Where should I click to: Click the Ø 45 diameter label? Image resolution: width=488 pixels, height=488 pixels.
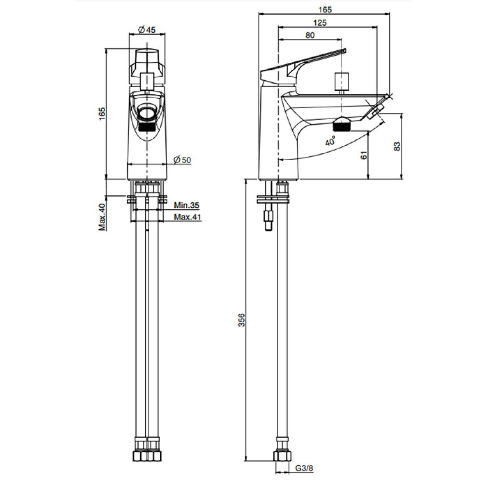[147, 30]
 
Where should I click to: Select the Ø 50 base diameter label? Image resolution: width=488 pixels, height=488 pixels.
[183, 160]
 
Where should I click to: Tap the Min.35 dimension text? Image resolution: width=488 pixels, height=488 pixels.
[187, 205]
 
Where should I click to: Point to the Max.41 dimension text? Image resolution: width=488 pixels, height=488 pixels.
[188, 217]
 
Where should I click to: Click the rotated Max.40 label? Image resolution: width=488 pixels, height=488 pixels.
[102, 217]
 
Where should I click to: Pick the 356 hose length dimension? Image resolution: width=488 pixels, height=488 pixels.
[242, 320]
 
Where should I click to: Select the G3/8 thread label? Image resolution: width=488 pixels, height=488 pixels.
[304, 468]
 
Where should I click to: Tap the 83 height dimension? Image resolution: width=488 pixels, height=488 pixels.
[397, 146]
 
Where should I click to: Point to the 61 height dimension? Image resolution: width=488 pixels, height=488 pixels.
[364, 155]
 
